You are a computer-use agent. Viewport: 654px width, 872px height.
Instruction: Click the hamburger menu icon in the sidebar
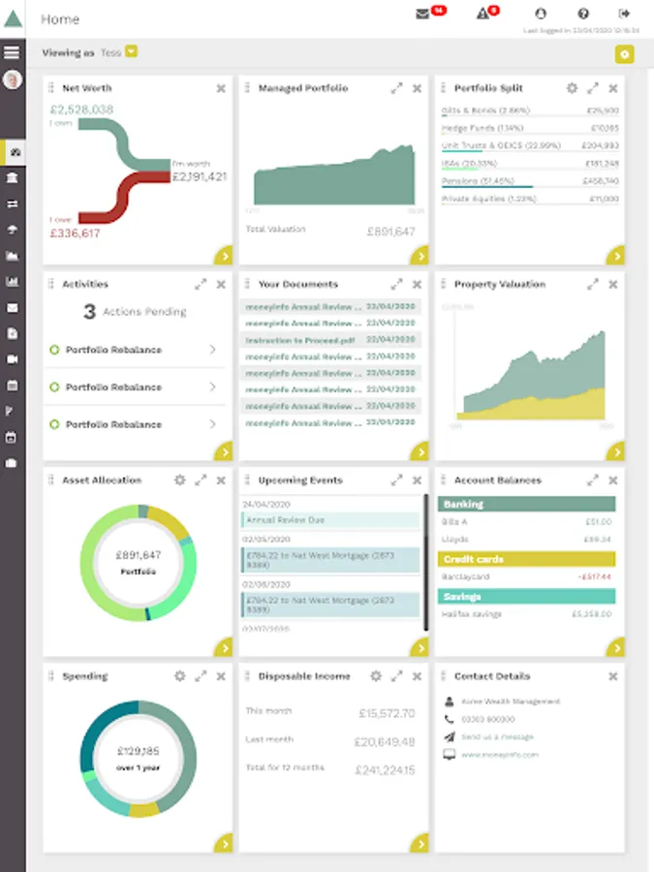tap(13, 52)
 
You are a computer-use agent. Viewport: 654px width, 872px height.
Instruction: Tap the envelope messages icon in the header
tap(422, 14)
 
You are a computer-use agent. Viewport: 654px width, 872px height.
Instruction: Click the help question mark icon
tap(583, 14)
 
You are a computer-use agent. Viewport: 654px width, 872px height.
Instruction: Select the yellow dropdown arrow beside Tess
tap(131, 51)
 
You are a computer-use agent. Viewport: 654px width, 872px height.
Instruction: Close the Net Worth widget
tap(221, 88)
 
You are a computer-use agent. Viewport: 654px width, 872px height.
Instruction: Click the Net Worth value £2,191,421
tap(199, 177)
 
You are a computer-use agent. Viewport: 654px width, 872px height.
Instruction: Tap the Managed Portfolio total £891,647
tap(390, 232)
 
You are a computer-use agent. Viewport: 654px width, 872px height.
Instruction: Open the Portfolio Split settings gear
tap(572, 88)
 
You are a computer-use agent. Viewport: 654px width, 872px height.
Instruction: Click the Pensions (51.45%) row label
tap(476, 181)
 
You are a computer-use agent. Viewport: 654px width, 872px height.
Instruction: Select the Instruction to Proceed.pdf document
tap(300, 341)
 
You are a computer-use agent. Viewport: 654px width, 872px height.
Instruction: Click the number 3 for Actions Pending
tap(89, 312)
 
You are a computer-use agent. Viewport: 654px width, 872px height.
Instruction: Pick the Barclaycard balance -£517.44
tap(594, 577)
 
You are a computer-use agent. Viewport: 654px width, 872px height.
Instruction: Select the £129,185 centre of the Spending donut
tap(139, 751)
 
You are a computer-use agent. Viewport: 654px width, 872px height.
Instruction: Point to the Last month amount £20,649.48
tap(386, 742)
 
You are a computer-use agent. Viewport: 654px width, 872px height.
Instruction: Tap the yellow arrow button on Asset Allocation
tap(225, 648)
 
